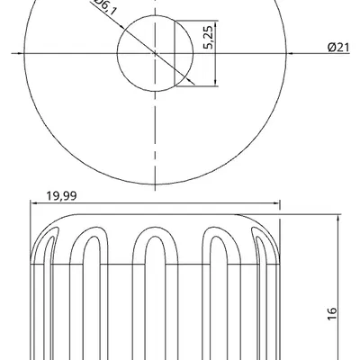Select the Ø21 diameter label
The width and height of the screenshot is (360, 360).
coord(338,48)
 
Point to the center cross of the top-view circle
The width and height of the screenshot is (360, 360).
coord(157,55)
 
